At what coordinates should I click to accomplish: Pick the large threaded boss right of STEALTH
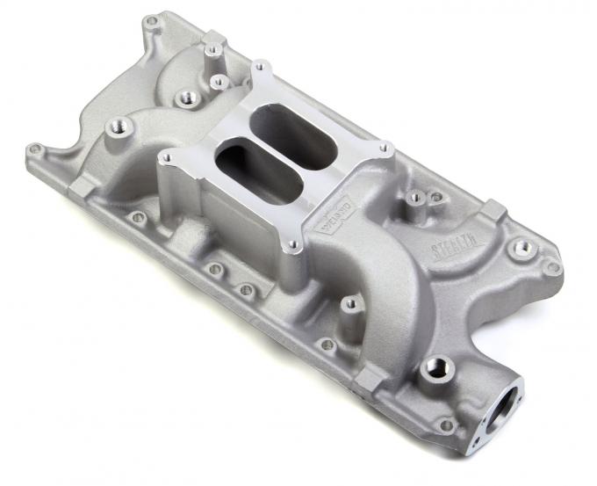(x=522, y=249)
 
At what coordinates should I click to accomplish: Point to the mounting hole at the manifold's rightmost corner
(x=552, y=267)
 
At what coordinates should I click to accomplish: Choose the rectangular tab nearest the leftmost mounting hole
(x=76, y=186)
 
